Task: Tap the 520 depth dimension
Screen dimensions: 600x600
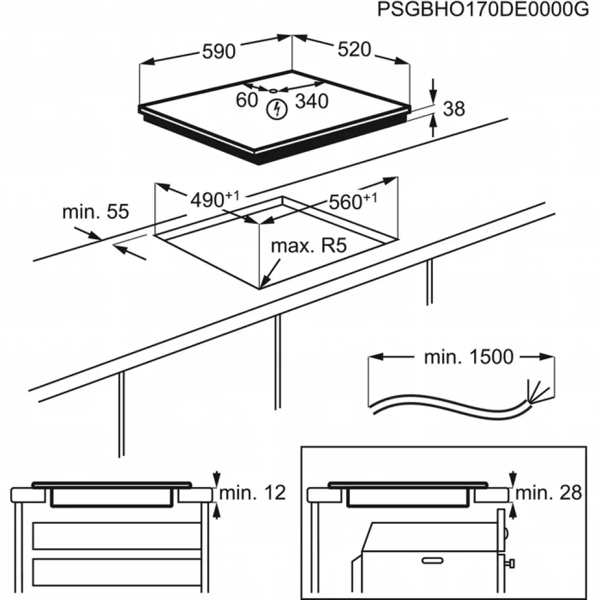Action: click(354, 50)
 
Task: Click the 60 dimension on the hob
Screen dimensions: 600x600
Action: click(247, 100)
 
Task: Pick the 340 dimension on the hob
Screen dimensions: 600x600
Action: click(311, 101)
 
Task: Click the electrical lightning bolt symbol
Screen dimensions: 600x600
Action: click(275, 108)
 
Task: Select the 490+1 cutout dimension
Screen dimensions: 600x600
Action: click(214, 199)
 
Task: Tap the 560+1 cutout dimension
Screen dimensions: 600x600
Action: click(352, 201)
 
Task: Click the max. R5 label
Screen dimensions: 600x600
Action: click(309, 246)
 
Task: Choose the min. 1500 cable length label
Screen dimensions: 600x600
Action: click(468, 357)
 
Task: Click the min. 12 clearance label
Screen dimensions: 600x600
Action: click(252, 493)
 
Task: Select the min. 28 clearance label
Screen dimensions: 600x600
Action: click(549, 493)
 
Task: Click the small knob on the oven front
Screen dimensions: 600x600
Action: click(512, 564)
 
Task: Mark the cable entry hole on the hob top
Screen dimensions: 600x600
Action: click(274, 90)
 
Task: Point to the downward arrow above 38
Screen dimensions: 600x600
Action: click(433, 93)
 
